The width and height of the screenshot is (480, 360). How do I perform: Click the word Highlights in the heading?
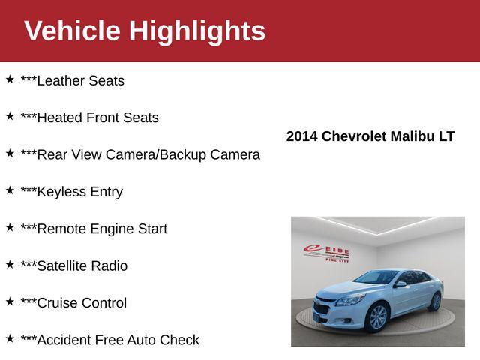(197, 31)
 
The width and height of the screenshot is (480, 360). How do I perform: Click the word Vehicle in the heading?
(72, 31)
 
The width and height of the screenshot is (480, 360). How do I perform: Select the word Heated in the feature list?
(60, 118)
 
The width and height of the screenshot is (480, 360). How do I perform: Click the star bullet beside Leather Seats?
(10, 79)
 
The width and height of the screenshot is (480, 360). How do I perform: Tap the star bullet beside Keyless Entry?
(10, 190)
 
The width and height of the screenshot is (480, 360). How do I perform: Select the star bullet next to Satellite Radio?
(10, 264)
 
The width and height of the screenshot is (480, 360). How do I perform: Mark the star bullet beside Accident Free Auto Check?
(10, 338)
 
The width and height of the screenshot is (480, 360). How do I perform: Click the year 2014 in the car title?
(302, 136)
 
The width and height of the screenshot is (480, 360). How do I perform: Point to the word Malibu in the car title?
(412, 136)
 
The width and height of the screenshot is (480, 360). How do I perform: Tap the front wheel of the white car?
(377, 316)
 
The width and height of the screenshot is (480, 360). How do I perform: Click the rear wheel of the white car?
(434, 301)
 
